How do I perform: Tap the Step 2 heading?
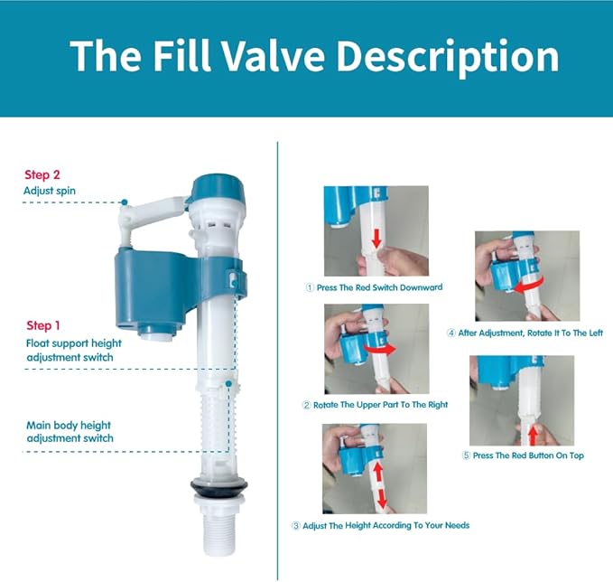coord(43,175)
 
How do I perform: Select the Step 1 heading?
coord(44,325)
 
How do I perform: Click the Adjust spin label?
coord(51,192)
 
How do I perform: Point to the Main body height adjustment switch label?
coord(70,431)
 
